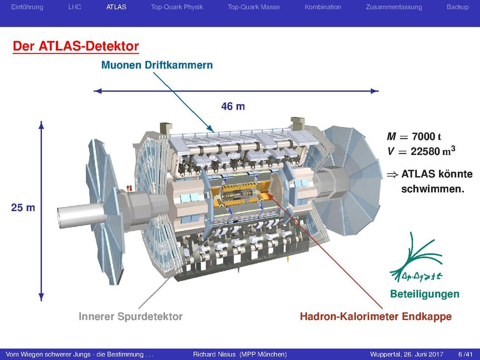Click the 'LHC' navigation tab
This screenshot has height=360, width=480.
tap(75, 7)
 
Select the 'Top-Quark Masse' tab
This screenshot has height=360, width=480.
tap(254, 7)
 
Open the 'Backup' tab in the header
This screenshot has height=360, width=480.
tap(457, 7)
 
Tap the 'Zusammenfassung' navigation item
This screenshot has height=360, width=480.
tap(394, 7)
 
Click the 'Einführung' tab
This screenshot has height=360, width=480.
tap(27, 7)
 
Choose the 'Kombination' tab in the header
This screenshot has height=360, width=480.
tap(323, 7)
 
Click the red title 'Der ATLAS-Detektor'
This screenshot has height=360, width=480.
tap(76, 46)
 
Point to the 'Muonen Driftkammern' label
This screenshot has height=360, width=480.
tap(157, 65)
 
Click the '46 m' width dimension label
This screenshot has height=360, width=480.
tap(233, 106)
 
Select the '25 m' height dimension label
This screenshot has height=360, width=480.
tap(23, 208)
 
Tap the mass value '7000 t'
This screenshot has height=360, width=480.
tap(426, 136)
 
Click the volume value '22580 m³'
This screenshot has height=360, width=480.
tap(433, 151)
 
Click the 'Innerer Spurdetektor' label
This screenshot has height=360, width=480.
tap(131, 316)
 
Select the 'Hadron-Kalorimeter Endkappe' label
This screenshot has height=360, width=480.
tap(376, 316)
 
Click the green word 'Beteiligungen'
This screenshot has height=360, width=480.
tap(425, 294)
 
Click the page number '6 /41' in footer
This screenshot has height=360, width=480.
tap(465, 355)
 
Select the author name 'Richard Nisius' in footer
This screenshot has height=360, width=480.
tap(214, 355)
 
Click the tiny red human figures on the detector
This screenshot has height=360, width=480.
tap(129, 188)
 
